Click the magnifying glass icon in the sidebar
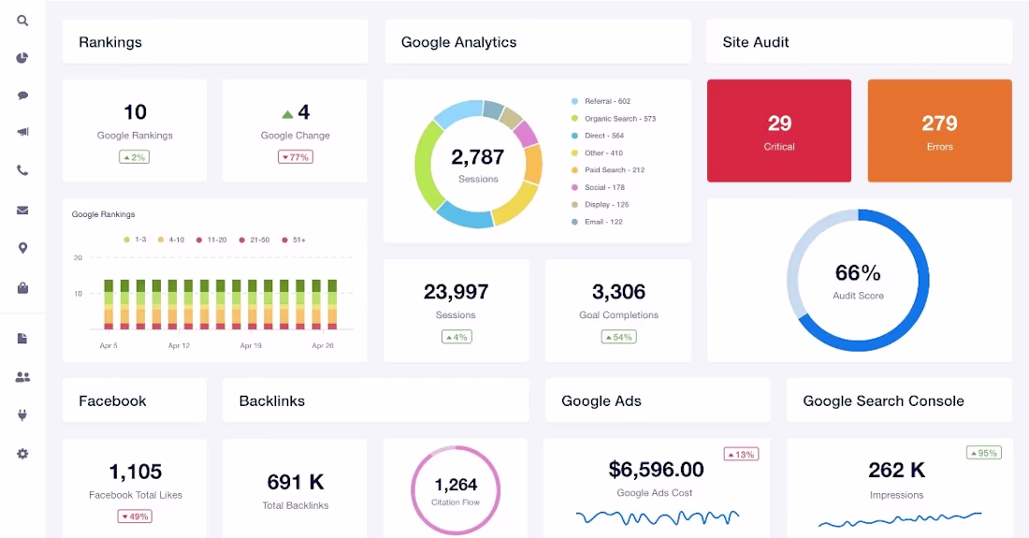point(22,21)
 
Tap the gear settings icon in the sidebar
point(22,454)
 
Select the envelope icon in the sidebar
point(22,210)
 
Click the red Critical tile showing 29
point(779,131)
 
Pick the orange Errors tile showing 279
point(940,131)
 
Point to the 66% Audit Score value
point(858,272)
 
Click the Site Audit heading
point(755,42)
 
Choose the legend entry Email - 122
point(597,222)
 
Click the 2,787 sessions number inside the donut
point(478,157)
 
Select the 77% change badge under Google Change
point(296,157)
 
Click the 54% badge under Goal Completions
point(618,337)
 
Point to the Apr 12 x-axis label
point(179,345)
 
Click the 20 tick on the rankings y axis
point(78,258)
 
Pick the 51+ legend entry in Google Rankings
point(294,240)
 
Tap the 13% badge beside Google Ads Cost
point(741,454)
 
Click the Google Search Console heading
point(883,400)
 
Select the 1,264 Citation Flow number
point(456,485)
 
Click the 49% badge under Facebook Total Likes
point(135,516)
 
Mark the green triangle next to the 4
point(287,115)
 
